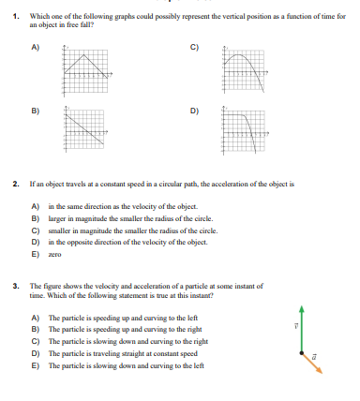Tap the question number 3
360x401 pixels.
pos(15,285)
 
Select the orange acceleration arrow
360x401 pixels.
pos(312,364)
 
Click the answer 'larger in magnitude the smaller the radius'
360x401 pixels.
pos(117,216)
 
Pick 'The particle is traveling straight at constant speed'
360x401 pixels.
pos(112,355)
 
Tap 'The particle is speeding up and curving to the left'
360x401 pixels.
pos(112,319)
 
